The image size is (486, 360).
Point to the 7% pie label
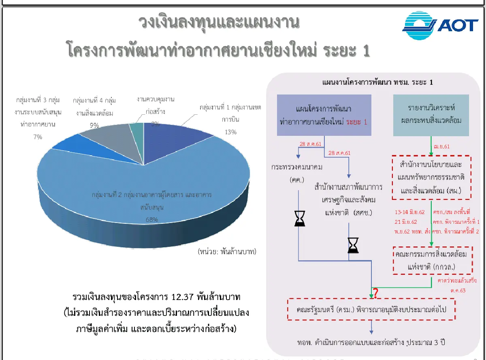[x=38, y=137]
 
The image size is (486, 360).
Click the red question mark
[x=375, y=293]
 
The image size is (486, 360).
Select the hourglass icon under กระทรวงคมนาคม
[x=300, y=219]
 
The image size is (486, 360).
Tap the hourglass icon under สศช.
[x=353, y=245]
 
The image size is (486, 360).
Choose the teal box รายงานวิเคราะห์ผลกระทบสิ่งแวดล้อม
[x=431, y=116]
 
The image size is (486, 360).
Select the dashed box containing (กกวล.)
[x=432, y=260]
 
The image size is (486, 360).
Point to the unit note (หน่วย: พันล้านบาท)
[x=227, y=252]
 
